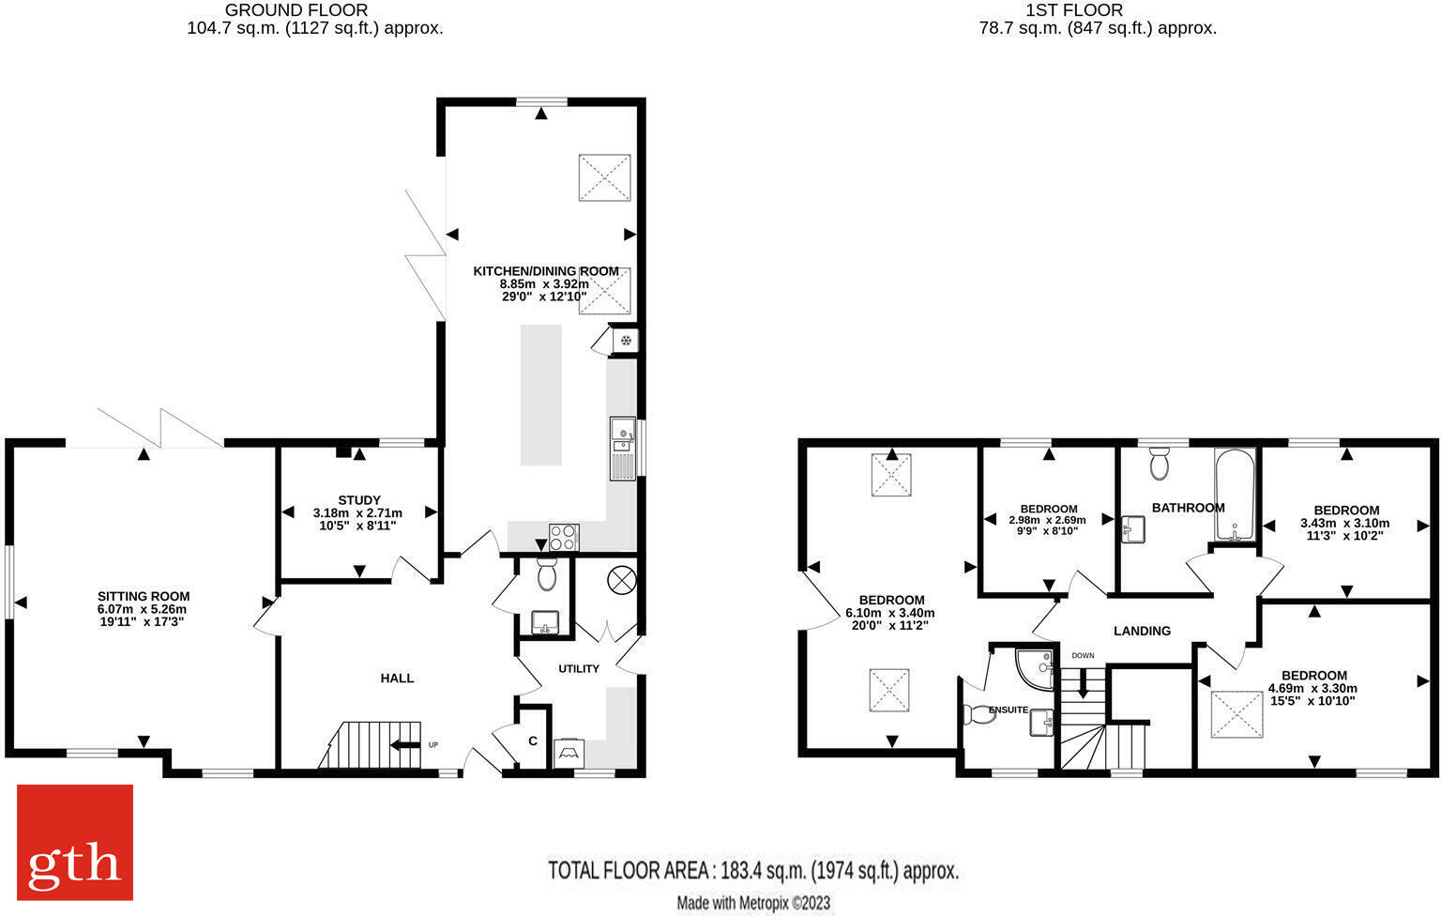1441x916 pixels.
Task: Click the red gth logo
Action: click(75, 842)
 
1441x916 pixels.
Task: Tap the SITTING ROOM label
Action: click(144, 596)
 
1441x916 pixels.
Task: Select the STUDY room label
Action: click(359, 500)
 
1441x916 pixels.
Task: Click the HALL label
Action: click(397, 678)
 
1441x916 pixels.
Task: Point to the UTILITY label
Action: click(579, 669)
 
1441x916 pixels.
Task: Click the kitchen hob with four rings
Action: click(564, 537)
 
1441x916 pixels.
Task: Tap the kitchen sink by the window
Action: click(623, 448)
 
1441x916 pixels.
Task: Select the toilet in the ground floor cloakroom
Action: click(547, 574)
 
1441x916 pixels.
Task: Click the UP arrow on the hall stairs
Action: click(405, 745)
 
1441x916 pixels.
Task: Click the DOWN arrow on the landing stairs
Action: click(1084, 682)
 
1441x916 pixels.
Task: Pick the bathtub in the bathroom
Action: click(1233, 495)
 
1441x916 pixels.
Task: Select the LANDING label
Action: click(1142, 631)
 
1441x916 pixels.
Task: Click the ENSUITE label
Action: click(1007, 710)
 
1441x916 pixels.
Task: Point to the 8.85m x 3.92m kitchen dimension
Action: click(531, 283)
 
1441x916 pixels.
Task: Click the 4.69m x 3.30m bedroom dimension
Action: click(1313, 688)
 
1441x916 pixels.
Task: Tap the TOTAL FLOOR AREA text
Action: click(753, 871)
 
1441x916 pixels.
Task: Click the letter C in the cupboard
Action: click(532, 741)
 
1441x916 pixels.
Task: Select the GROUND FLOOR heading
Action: click(296, 10)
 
